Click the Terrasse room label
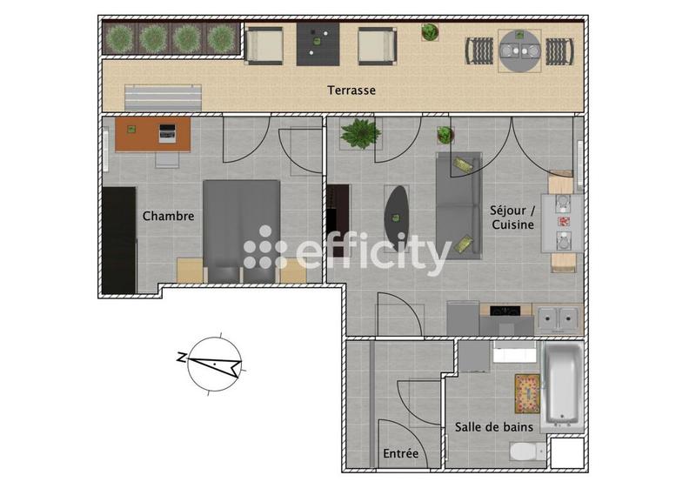351,90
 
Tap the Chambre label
168,216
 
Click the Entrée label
401,454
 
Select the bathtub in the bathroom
562,385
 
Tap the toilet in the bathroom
525,452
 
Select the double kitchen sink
556,319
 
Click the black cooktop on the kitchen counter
506,311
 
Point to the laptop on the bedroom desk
167,133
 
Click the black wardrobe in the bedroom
118,239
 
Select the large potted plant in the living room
359,133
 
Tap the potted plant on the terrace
430,33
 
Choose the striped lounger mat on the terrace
164,96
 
